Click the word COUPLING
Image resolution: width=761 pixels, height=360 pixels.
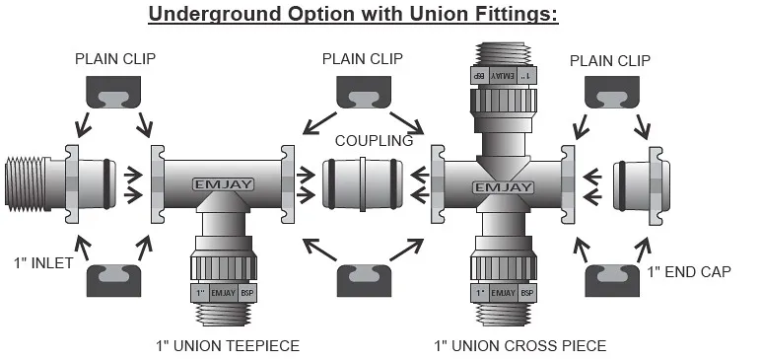click(374, 141)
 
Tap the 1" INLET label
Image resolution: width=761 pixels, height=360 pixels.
click(43, 263)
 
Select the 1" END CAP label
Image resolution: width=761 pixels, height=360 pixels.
click(689, 272)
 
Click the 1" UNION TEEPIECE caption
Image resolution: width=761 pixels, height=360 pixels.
click(228, 346)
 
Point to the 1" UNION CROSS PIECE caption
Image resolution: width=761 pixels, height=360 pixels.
click(519, 346)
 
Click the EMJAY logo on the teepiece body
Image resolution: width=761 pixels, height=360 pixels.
click(223, 184)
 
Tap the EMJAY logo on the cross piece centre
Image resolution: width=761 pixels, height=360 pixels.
click(504, 187)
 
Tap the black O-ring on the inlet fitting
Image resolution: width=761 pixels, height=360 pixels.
click(106, 184)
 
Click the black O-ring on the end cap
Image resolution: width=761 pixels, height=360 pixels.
click(622, 186)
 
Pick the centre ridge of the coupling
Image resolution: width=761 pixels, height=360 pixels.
click(363, 184)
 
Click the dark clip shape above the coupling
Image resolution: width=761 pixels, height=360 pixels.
click(364, 93)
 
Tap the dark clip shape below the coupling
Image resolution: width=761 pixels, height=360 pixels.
click(364, 280)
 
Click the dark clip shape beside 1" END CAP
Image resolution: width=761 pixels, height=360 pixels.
click(612, 280)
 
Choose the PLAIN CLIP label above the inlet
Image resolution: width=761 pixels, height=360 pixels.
click(115, 59)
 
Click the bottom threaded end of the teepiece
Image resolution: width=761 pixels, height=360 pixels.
click(223, 314)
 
